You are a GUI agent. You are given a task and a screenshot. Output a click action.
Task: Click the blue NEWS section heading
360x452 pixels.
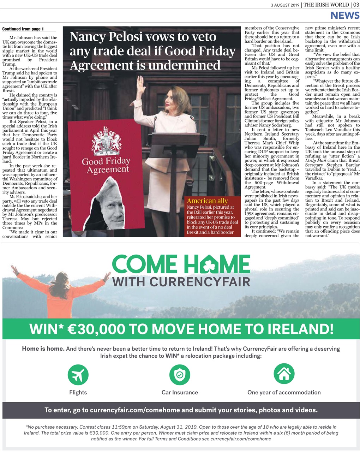click(344, 15)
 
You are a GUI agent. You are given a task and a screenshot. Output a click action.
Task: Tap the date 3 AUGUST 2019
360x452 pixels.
click(285, 5)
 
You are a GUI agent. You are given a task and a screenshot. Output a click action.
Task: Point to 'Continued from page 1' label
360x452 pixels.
click(23, 29)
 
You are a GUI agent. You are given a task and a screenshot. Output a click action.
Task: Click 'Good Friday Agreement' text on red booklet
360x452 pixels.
click(106, 166)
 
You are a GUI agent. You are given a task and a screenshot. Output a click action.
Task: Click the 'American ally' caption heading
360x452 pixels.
click(207, 201)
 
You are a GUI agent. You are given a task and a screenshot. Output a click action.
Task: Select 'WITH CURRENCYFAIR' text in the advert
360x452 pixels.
click(181, 282)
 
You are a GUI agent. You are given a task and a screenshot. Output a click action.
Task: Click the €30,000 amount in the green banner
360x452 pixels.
click(91, 329)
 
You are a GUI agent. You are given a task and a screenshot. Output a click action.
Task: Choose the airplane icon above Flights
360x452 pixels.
click(78, 375)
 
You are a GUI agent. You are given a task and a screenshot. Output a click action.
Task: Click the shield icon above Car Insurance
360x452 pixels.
click(180, 375)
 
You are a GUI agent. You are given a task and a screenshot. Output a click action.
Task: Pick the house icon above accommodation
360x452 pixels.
click(284, 374)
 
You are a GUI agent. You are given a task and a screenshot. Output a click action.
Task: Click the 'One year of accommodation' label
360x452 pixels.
click(284, 392)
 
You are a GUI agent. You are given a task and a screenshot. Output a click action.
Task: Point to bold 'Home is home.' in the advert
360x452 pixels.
click(43, 349)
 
